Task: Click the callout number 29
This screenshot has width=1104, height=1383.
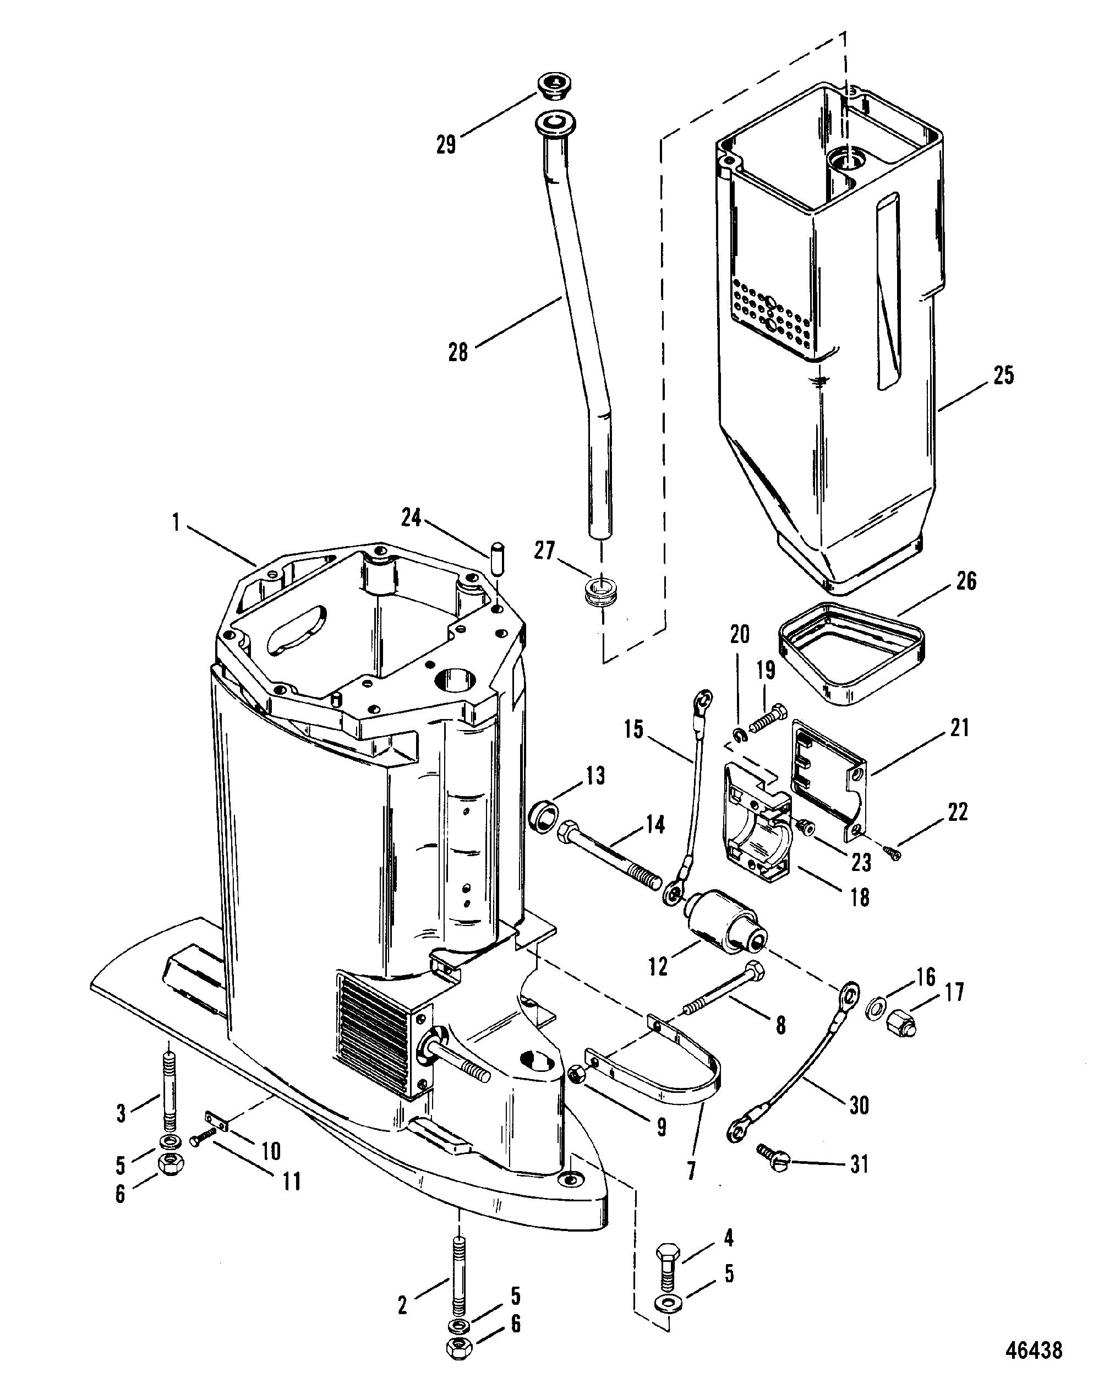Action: point(446,145)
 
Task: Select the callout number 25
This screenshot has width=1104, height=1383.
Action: point(1003,376)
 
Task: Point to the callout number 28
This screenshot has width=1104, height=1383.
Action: point(458,352)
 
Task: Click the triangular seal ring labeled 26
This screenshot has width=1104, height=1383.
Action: point(852,657)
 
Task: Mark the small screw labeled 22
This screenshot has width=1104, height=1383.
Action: point(891,852)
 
